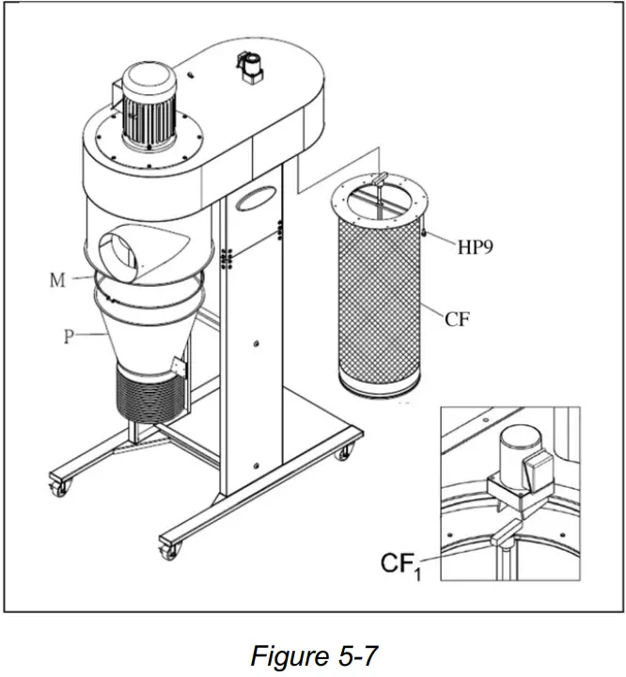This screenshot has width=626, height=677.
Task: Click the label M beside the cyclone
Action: pyautogui.click(x=58, y=280)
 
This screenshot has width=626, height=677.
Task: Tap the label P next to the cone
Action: pyautogui.click(x=69, y=337)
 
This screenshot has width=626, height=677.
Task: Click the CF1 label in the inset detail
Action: pyautogui.click(x=399, y=566)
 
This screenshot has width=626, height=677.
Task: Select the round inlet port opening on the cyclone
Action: pyautogui.click(x=120, y=253)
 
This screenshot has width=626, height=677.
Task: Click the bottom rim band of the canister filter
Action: pyautogui.click(x=379, y=386)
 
